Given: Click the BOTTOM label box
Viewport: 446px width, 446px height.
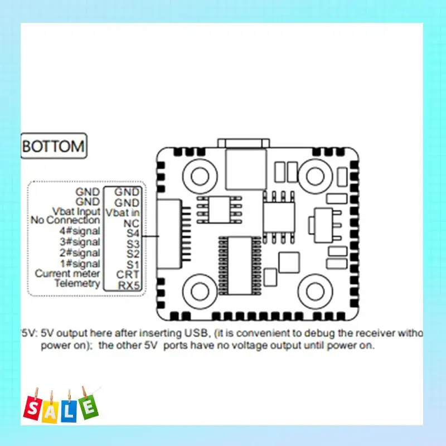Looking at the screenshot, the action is pos(54,147).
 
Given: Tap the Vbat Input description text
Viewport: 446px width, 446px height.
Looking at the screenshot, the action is pos(77,211).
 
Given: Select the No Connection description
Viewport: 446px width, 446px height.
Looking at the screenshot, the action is pos(65,221).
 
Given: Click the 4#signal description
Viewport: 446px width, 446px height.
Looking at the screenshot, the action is pos(79,231).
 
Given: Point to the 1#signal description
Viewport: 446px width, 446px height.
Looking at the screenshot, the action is pos(79,263).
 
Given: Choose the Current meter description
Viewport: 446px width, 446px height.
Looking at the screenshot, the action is pos(67,273).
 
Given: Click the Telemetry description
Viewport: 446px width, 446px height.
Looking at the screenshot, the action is pos(77,283).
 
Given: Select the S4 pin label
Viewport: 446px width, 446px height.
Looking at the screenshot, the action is pos(132,232).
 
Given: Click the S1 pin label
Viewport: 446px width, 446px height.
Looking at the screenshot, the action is pos(132,263).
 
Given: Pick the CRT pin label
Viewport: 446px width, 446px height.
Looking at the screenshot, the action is pos(128,274).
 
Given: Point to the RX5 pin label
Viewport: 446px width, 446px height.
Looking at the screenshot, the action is pos(128,285).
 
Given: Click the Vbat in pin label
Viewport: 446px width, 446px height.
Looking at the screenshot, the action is pos(123,212).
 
